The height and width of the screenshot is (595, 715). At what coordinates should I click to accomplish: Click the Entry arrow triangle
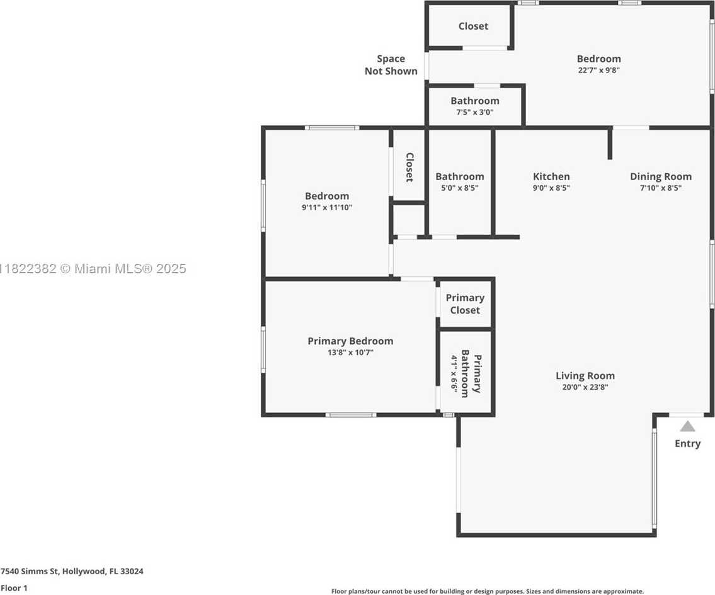(688, 426)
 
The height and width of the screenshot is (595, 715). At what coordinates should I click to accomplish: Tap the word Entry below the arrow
(688, 444)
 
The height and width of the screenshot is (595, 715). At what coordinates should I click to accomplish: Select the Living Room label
(585, 376)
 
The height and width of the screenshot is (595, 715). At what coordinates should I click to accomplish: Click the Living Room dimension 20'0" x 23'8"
(585, 387)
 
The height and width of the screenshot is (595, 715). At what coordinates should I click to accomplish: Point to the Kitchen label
(551, 176)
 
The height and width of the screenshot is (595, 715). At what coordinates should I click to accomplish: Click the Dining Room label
(661, 176)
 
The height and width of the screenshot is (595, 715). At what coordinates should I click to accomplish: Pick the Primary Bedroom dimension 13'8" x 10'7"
(350, 352)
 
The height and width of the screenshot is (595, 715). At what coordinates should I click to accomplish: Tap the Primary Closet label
(465, 304)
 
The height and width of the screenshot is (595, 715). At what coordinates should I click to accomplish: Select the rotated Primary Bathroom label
(471, 373)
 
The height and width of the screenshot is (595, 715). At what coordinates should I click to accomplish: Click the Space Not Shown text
(391, 65)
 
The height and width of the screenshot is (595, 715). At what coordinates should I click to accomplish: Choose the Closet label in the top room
(473, 26)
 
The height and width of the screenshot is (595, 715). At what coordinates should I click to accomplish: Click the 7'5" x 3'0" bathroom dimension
(475, 112)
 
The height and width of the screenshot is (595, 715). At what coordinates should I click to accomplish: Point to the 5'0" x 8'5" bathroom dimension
(460, 188)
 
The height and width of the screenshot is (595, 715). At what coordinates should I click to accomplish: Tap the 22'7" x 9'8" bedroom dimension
(598, 70)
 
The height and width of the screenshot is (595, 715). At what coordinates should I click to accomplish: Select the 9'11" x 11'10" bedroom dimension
(327, 207)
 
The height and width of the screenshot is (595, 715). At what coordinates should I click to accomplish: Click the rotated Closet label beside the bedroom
(409, 167)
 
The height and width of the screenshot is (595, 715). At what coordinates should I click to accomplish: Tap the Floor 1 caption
(14, 588)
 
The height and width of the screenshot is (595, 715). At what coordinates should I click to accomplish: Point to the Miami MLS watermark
(93, 269)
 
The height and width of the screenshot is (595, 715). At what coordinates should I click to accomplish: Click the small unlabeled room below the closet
(409, 220)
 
